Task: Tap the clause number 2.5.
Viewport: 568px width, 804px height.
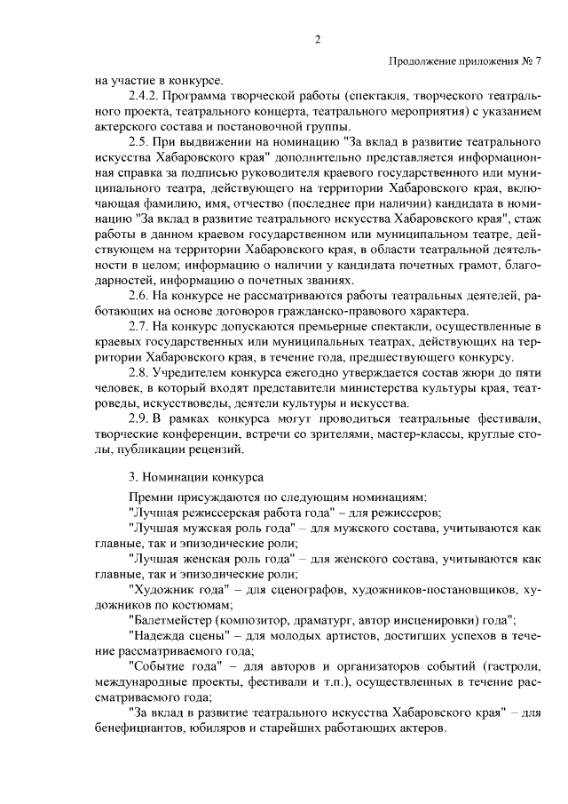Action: coord(138,141)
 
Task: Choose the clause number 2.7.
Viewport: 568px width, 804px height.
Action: coord(138,326)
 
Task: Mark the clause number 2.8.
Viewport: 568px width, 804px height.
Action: coord(138,372)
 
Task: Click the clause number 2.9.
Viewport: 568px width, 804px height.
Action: coord(138,418)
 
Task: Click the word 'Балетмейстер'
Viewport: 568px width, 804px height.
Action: coord(175,619)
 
